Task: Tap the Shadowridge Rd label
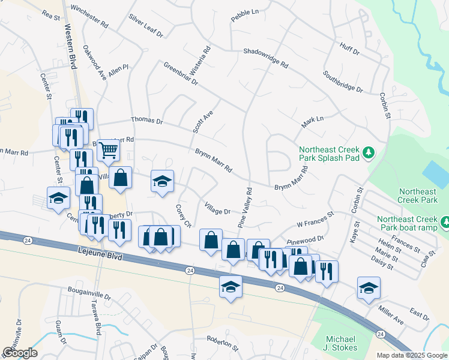tap(265, 58)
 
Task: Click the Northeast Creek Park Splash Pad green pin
tap(370, 154)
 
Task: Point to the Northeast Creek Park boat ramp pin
tap(445, 223)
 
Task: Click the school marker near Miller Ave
tap(369, 287)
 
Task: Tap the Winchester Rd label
tap(89, 17)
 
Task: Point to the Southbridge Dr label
tap(343, 82)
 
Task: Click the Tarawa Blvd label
tap(97, 322)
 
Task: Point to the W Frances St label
tap(315, 220)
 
